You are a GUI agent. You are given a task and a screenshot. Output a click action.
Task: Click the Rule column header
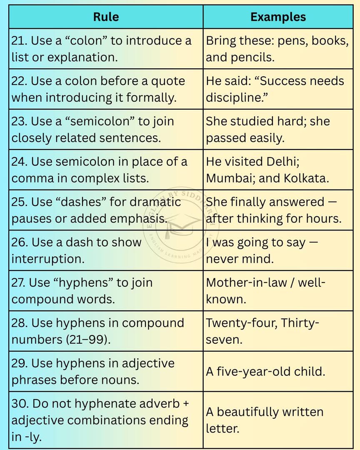point(106,17)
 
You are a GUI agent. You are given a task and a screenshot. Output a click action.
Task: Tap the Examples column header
point(278,17)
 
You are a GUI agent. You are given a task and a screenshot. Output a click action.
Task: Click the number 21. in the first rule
point(19,41)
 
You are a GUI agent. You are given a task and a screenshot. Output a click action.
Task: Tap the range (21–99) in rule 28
point(88,340)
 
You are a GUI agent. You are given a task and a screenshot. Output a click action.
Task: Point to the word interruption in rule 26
point(48,259)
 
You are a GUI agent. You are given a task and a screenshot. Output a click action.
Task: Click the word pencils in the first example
point(252,57)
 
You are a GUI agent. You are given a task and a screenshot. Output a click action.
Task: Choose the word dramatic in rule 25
point(155,202)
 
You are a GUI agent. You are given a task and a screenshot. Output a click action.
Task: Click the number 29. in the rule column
point(20,363)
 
